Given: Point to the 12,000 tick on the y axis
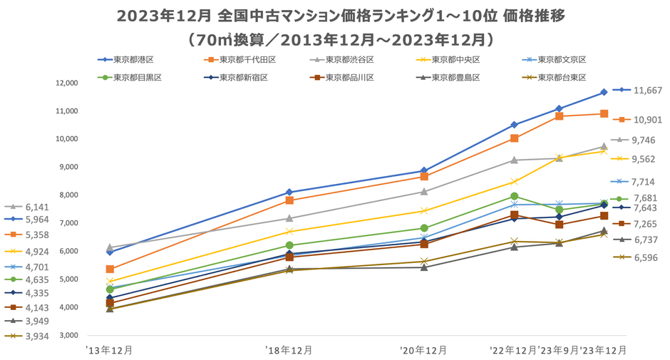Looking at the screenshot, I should pos(65,83).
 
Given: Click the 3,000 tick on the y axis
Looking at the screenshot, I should pos(67,335).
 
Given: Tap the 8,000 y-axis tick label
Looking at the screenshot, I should pos(67,195).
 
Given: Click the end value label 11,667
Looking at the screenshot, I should pos(647,91).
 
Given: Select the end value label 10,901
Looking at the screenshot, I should pos(647,119).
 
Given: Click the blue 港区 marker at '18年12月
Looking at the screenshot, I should pos(289,192).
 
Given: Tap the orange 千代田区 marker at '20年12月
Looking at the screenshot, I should pos(424,176).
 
